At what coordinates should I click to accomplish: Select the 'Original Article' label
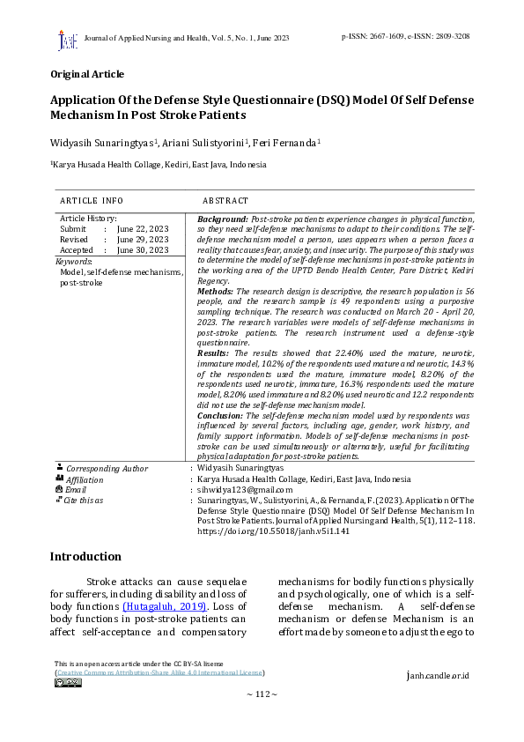(86, 74)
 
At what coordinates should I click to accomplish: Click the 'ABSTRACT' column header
(225, 201)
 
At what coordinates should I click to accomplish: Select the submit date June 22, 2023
(143, 228)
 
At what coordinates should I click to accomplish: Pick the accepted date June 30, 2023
(143, 249)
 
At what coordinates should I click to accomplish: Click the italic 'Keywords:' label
(73, 262)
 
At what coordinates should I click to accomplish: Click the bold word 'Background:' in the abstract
(223, 218)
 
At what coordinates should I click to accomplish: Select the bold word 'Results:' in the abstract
(213, 352)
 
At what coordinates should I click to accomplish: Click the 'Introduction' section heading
(85, 557)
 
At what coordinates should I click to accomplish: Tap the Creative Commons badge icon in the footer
(68, 682)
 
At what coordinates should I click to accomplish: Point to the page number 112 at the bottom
(262, 695)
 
